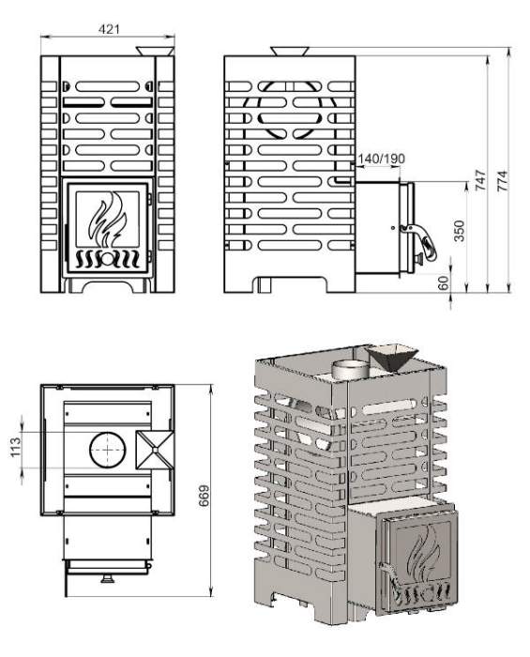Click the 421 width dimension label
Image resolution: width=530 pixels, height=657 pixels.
point(109,29)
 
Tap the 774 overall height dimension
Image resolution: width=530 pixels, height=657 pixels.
point(502,180)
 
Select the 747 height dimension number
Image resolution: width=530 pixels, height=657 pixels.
point(480,180)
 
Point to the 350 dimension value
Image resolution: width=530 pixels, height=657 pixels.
point(460,231)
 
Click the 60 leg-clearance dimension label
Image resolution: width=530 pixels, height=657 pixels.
point(443,283)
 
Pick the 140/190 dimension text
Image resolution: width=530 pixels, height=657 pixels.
point(382,159)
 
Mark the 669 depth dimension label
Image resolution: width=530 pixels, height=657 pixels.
point(204,496)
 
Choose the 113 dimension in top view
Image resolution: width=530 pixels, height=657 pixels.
point(15,447)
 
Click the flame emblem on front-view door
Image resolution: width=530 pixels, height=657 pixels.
point(108,220)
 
